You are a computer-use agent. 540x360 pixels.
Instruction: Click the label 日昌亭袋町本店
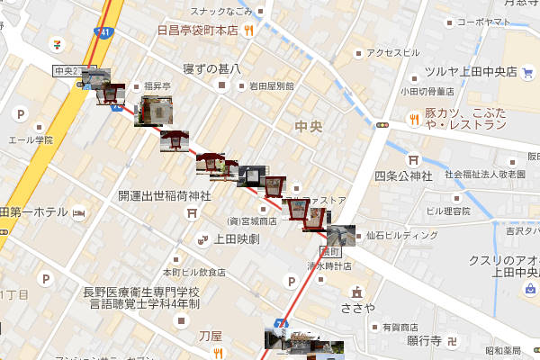coord(196,29)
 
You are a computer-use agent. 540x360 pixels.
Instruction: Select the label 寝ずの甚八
coord(212,67)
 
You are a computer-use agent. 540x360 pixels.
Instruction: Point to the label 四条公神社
coord(404,175)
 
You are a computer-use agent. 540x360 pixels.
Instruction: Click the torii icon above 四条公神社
coord(415,154)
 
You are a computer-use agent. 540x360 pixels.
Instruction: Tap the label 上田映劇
coord(237,238)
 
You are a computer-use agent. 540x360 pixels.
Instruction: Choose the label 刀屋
coord(210,335)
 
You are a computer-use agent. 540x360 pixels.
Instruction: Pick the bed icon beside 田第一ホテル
coord(79,213)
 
